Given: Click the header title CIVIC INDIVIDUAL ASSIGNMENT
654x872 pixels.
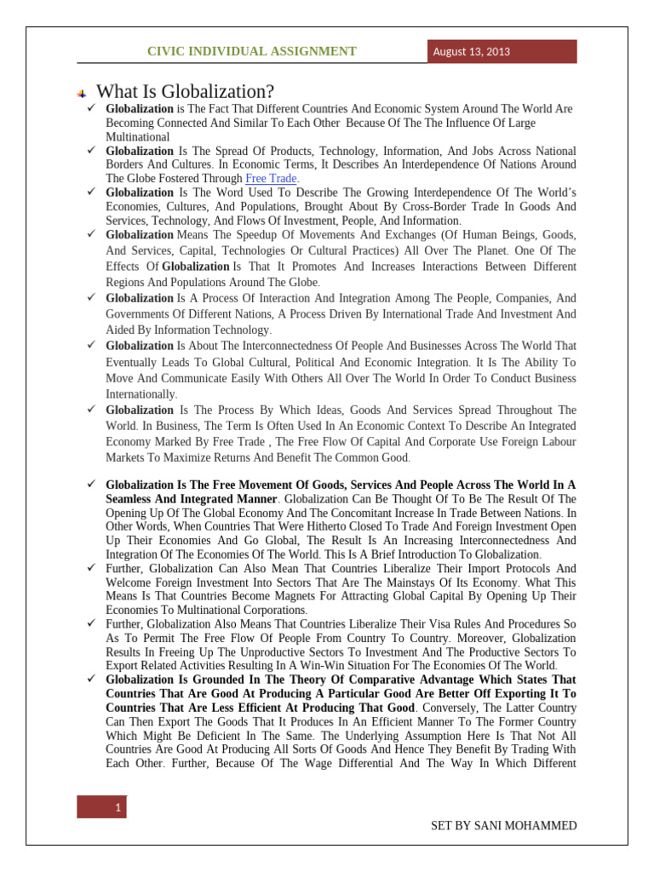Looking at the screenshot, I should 252,52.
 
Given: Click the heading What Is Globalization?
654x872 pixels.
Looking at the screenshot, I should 186,91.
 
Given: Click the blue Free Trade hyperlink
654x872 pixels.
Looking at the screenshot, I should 271,178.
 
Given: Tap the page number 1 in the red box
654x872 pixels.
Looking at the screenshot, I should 117,807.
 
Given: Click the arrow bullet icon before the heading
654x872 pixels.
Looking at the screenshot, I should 82,92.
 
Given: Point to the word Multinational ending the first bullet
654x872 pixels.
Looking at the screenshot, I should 137,136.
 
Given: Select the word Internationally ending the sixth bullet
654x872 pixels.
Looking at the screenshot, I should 141,394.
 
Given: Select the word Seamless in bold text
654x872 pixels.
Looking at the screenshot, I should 130,498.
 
